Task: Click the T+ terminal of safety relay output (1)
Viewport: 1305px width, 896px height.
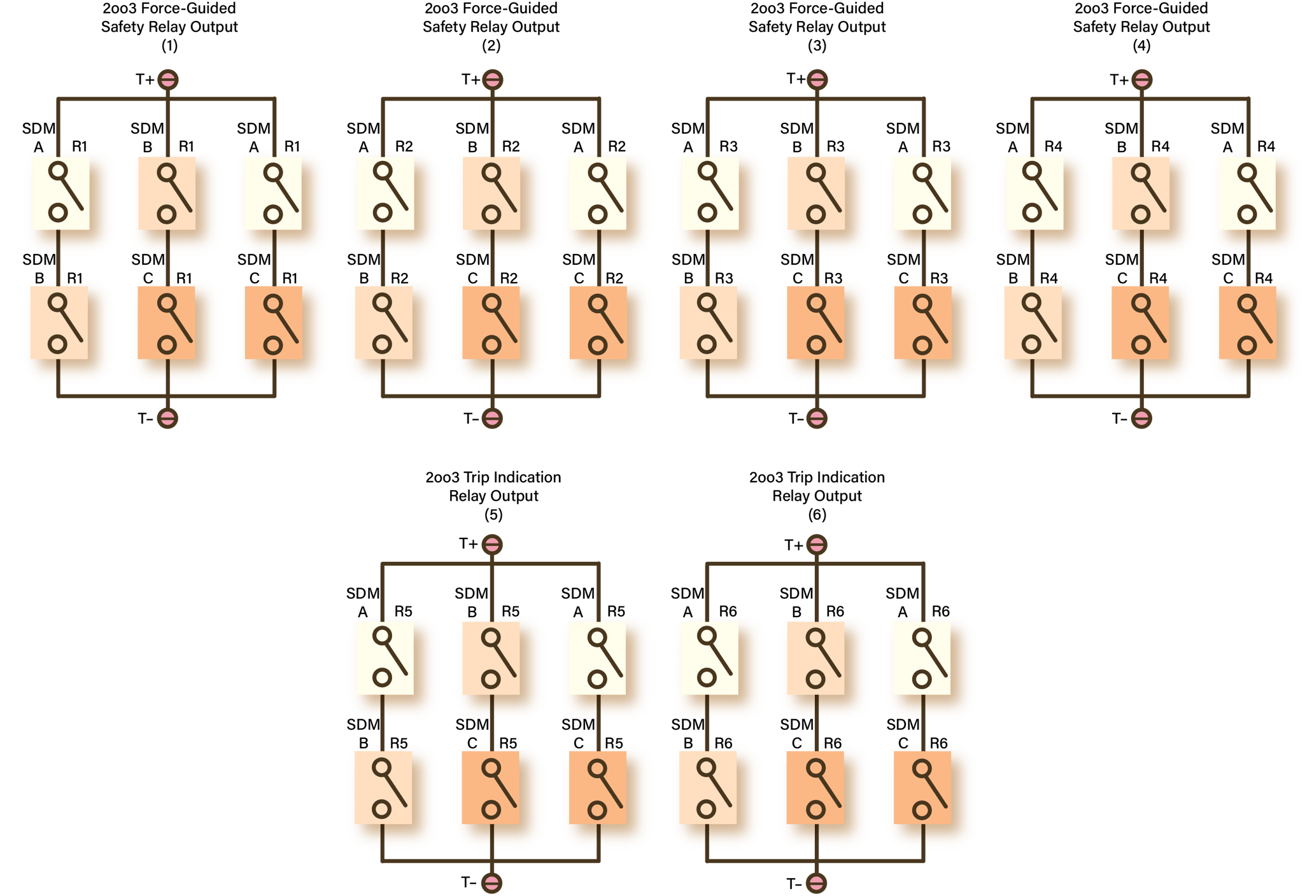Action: [168, 80]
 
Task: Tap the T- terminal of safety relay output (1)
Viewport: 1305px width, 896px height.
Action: [167, 418]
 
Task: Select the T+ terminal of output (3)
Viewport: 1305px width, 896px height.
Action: [817, 80]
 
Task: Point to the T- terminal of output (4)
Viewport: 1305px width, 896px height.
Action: [1141, 418]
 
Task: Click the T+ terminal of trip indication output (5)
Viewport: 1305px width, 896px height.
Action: [492, 545]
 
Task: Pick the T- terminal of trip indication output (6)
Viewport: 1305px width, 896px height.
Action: [817, 883]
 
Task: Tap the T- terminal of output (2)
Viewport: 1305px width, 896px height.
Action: [492, 418]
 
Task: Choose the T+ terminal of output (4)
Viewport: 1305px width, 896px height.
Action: [1142, 80]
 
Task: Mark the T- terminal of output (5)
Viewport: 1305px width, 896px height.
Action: [492, 883]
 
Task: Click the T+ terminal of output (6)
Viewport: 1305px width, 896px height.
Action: [817, 545]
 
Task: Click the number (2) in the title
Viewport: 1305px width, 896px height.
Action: [491, 46]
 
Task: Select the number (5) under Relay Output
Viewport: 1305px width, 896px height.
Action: [493, 515]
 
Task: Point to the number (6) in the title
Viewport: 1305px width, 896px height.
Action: [817, 515]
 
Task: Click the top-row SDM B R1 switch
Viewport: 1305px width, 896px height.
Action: [167, 193]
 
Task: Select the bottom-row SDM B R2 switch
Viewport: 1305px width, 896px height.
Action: [383, 323]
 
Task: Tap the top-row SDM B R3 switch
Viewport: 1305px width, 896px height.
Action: [817, 193]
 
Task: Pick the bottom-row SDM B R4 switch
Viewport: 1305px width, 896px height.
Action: [1033, 323]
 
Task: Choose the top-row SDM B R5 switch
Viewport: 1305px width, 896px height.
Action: [491, 658]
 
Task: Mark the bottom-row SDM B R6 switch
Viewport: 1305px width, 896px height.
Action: [707, 788]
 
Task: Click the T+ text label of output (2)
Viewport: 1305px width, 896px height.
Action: [470, 80]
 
